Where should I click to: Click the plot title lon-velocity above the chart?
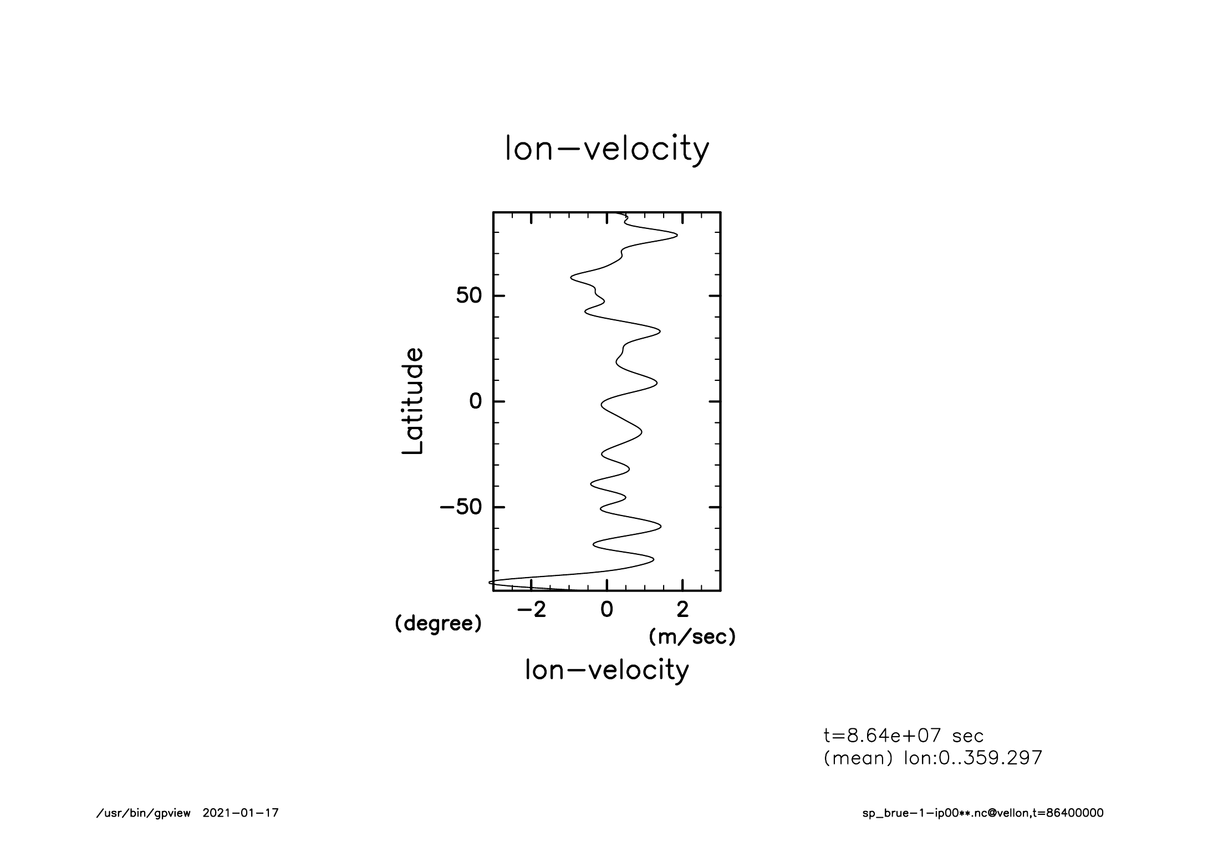[606, 149]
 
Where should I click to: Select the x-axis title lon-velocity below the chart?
[606, 670]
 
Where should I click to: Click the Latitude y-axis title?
[413, 401]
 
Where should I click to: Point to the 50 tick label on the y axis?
[468, 296]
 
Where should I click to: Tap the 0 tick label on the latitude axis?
[476, 401]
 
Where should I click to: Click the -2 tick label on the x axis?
[531, 610]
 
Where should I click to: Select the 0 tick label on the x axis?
[607, 610]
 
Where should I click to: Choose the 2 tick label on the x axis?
[683, 610]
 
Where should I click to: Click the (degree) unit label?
[438, 624]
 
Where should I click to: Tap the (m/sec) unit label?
[692, 637]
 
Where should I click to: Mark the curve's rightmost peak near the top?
[676, 235]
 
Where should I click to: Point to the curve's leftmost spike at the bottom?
[490, 582]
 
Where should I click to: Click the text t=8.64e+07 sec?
[904, 736]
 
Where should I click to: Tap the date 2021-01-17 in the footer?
[241, 813]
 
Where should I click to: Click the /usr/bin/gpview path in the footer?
[144, 813]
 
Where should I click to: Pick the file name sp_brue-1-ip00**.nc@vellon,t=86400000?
[982, 813]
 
